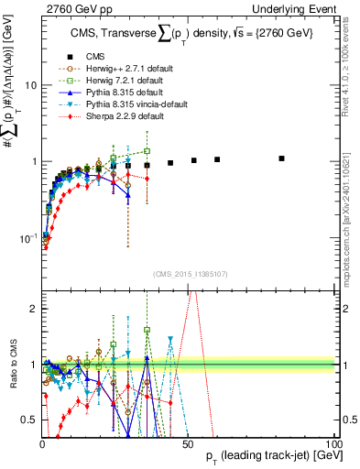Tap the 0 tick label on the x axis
41,443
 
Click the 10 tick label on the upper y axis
28,85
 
